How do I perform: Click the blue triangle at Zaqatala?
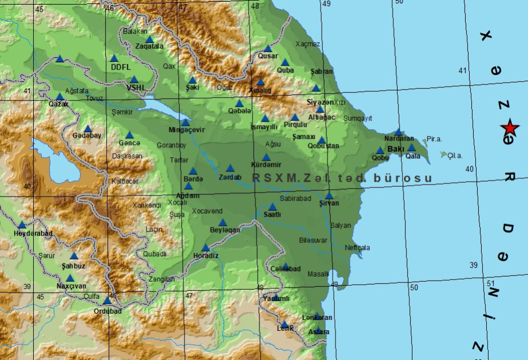(150, 39)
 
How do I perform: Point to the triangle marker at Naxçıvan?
(70, 278)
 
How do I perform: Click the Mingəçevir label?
(186, 130)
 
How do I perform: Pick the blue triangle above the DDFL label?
(114, 58)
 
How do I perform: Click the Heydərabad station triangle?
(22, 225)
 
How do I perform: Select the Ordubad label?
(107, 311)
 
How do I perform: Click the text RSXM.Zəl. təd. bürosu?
(342, 178)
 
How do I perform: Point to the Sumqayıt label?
(358, 118)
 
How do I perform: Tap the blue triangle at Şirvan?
(329, 195)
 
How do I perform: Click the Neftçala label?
(358, 248)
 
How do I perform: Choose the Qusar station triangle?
(267, 49)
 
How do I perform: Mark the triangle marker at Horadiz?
(206, 247)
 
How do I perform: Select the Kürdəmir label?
(266, 165)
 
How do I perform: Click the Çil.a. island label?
(455, 155)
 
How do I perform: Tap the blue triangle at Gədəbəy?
(87, 129)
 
